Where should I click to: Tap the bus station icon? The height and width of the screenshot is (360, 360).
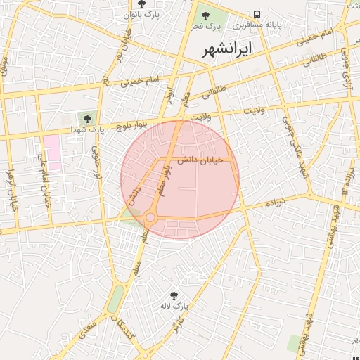[x=257, y=14]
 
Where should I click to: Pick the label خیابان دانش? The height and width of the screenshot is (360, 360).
[x=199, y=160]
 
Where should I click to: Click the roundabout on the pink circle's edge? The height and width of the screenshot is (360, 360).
[x=150, y=218]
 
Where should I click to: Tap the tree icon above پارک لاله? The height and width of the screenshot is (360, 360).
[x=174, y=295]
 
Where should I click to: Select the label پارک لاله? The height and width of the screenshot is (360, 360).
[x=179, y=307]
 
